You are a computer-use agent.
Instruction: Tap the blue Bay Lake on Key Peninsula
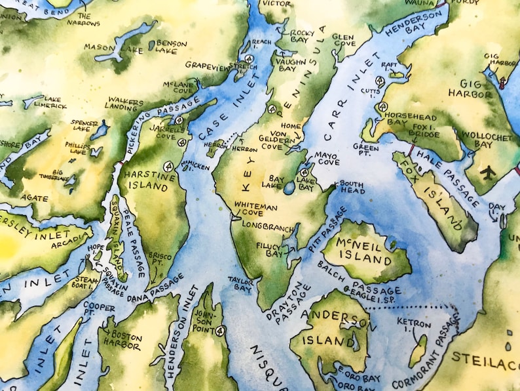(x=289, y=189)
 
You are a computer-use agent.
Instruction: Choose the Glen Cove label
(x=344, y=41)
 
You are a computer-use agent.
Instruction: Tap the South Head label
(x=351, y=187)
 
